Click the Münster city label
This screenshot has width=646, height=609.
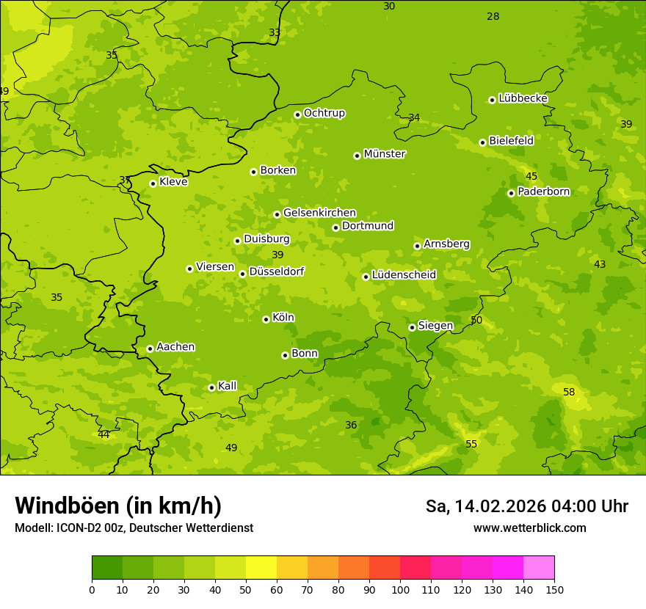(384, 154)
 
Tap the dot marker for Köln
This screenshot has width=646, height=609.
(266, 319)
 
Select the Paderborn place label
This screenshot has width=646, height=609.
(543, 192)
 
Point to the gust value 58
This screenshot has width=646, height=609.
(569, 393)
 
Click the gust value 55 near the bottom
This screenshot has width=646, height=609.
(471, 444)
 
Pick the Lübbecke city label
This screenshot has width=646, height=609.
(523, 98)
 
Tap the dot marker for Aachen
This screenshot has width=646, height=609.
(150, 349)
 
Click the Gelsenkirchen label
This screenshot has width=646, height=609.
(319, 213)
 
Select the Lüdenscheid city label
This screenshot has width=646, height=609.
(404, 275)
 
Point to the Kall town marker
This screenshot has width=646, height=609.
(211, 387)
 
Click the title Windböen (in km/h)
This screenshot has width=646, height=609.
(118, 506)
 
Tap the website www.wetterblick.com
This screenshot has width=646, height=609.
(529, 528)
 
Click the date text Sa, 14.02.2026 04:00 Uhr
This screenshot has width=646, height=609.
(526, 506)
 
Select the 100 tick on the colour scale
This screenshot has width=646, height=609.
(400, 588)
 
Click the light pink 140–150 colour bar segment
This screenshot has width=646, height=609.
(539, 568)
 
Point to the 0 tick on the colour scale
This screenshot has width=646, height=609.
(92, 588)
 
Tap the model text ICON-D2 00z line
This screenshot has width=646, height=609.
(134, 528)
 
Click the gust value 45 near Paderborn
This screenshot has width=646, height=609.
(531, 176)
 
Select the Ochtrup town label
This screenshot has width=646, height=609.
(324, 113)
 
